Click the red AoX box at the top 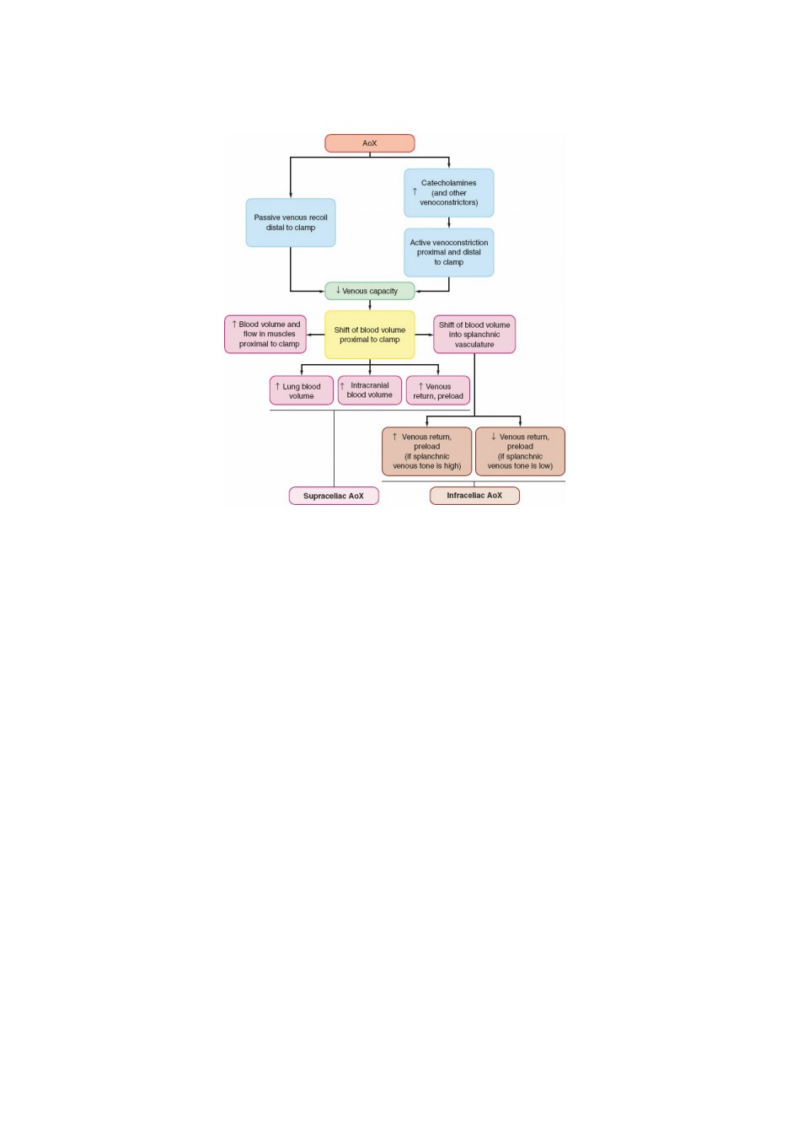[x=369, y=143]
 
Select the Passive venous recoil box [x=291, y=223]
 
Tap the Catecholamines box [x=448, y=193]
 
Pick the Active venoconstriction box [x=448, y=253]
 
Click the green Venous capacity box [x=369, y=291]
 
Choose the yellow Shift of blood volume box [x=369, y=335]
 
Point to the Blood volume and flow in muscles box [x=265, y=335]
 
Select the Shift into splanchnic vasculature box [x=474, y=335]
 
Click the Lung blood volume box [x=301, y=390]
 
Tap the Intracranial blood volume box [x=369, y=390]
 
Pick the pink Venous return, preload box [x=438, y=390]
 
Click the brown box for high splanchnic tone [x=426, y=452]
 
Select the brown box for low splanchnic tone [x=520, y=452]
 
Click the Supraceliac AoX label [x=334, y=496]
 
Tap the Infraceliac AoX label [x=474, y=496]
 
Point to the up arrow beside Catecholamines [x=415, y=191]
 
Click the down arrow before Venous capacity [x=338, y=290]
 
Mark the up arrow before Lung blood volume [x=277, y=386]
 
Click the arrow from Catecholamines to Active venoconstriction [x=448, y=223]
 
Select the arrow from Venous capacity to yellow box [x=369, y=305]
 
